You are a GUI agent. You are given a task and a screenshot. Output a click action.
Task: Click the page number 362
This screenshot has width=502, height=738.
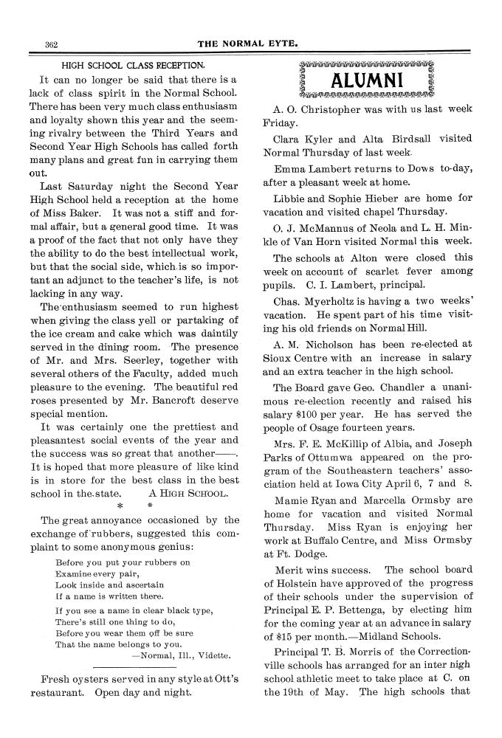51,44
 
